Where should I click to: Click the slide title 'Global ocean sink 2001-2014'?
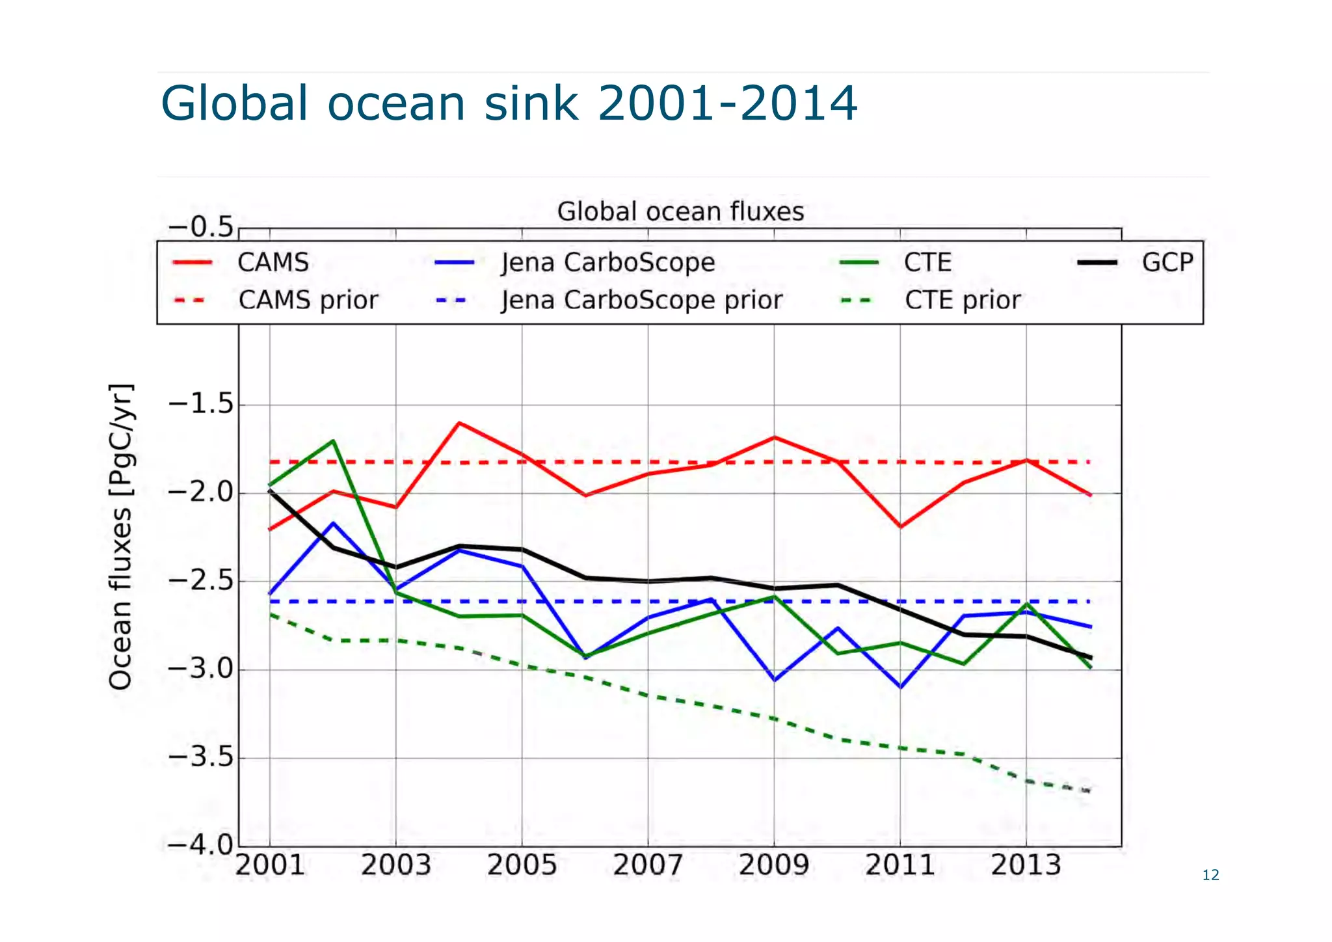click(509, 103)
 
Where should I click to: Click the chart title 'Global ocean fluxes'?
click(680, 211)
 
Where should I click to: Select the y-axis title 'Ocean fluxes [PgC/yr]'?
click(121, 537)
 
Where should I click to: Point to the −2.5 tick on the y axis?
click(200, 581)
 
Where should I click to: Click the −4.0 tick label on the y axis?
click(200, 845)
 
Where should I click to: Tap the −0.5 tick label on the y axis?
click(200, 228)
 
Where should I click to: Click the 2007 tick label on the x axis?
click(648, 866)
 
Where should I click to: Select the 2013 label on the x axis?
click(1026, 866)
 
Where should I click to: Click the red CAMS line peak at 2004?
click(459, 423)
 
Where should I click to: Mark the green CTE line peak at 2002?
click(333, 441)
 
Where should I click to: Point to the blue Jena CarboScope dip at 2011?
click(900, 687)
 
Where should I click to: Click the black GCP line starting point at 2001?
click(270, 491)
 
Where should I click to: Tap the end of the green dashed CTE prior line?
click(1089, 791)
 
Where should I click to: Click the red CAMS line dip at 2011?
click(900, 527)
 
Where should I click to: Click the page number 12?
click(1210, 875)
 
